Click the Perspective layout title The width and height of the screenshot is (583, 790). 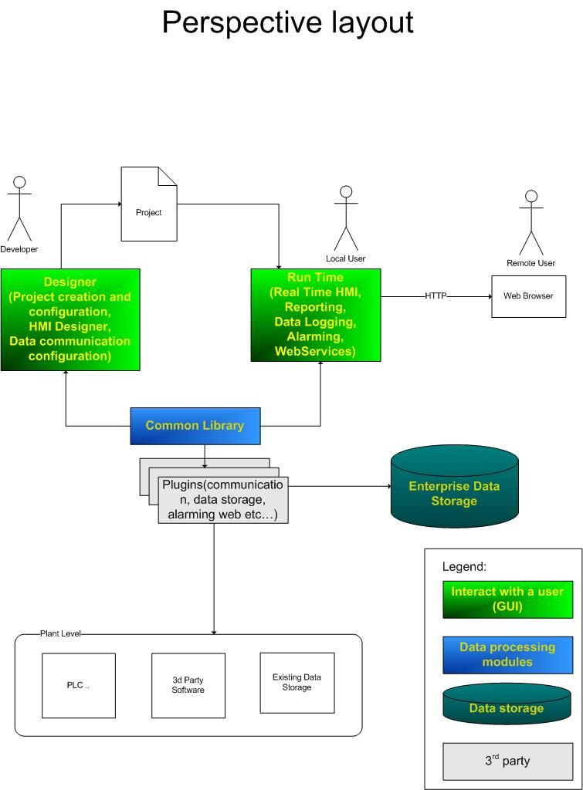287,22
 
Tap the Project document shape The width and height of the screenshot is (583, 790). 149,204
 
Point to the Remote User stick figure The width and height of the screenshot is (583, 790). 530,223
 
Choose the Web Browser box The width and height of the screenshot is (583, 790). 528,296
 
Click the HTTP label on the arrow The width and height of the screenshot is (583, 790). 436,296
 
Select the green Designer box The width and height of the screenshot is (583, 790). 70,319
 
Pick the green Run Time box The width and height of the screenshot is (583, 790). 316,315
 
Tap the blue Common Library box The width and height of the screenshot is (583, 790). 195,426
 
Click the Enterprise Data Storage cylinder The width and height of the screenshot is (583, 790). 454,487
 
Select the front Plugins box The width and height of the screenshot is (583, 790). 223,500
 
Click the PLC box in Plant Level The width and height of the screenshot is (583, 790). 78,685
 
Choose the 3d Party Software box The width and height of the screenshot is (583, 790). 188,685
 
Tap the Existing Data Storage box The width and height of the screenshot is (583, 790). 297,683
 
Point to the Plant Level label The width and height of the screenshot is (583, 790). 60,633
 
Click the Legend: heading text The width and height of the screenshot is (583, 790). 464,566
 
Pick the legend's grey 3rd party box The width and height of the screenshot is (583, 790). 507,761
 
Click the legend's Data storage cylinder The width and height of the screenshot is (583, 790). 507,705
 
